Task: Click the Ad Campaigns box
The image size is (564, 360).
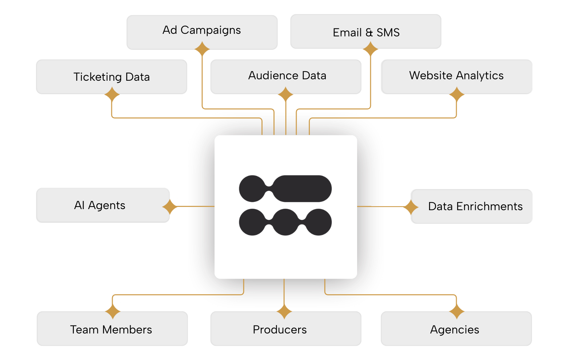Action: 202,32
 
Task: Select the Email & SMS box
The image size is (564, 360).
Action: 366,32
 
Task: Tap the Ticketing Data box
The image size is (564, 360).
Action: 111,76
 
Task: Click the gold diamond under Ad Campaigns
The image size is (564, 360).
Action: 202,49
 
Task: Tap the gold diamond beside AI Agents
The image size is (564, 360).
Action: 169,207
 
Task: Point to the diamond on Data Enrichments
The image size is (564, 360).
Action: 411,207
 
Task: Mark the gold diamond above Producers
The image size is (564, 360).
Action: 284,312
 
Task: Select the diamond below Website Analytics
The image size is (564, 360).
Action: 456,95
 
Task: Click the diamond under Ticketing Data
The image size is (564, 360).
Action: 112,95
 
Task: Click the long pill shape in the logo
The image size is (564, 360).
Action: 302,188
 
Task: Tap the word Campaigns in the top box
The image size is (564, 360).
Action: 211,30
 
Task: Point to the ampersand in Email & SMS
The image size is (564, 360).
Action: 369,33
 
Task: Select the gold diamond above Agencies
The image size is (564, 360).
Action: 456,312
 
